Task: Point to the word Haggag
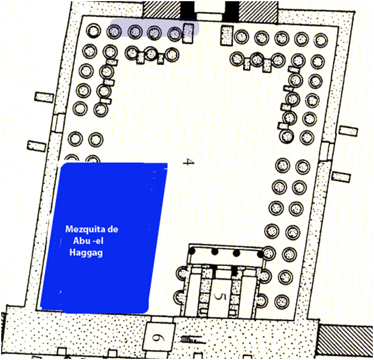[86, 254]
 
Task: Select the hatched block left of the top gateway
[162, 8]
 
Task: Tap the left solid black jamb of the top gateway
[188, 10]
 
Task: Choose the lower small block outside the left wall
[37, 144]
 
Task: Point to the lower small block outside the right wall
[342, 176]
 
